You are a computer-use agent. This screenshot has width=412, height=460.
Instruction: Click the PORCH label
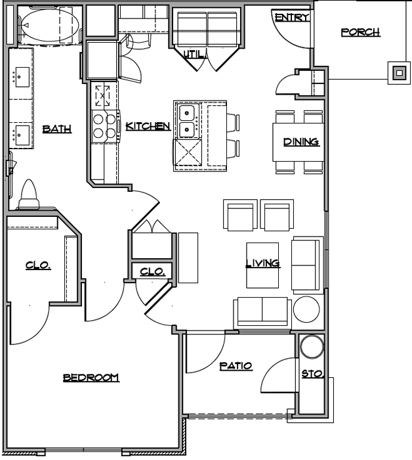(360, 32)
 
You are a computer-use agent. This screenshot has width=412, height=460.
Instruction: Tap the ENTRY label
(292, 17)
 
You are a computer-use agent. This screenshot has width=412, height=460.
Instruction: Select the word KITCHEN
(148, 126)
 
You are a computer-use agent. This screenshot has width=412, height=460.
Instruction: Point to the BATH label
(57, 129)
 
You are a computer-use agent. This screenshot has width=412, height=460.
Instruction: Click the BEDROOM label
(91, 377)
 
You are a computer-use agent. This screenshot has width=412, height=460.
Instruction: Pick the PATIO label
(236, 365)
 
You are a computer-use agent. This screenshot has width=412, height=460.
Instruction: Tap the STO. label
(312, 374)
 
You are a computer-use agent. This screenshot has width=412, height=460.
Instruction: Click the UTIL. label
(194, 54)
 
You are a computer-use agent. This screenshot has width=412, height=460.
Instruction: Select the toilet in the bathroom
(29, 195)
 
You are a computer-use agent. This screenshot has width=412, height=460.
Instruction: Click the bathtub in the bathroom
(50, 25)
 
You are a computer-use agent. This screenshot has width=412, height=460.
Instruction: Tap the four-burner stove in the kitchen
(106, 126)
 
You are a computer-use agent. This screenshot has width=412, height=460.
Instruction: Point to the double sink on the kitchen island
(188, 121)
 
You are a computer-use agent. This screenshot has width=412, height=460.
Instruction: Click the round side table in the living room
(306, 310)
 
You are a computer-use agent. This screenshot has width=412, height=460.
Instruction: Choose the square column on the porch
(399, 73)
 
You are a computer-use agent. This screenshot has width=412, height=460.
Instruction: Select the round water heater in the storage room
(312, 346)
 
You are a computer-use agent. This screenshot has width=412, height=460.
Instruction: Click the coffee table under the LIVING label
(262, 265)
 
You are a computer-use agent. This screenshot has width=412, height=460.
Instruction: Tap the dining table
(298, 143)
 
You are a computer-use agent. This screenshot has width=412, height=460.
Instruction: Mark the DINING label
(301, 142)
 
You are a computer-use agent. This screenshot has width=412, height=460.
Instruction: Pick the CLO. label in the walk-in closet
(38, 265)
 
